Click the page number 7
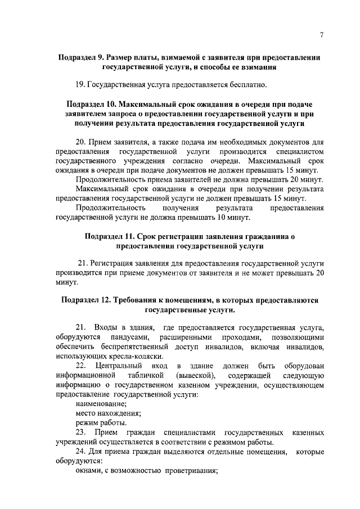(x=321, y=35)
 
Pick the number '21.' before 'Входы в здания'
(x=80, y=327)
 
